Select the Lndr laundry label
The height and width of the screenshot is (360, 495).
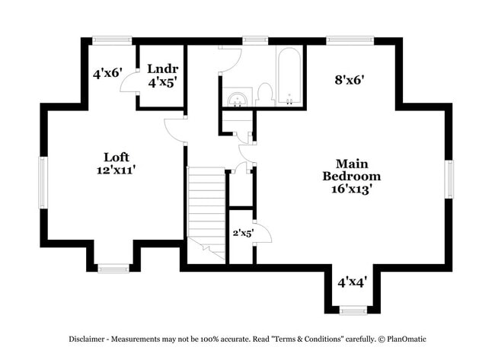(x=162, y=68)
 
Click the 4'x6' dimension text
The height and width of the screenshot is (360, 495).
(x=107, y=74)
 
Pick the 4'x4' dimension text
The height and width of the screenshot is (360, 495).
(x=352, y=282)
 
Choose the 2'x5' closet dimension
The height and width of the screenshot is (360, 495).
(x=243, y=232)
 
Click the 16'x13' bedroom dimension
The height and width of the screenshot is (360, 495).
(x=351, y=189)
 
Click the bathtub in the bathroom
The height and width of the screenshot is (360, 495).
(x=289, y=77)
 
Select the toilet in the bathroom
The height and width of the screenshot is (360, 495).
(x=264, y=94)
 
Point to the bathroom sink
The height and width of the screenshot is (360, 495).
(x=238, y=99)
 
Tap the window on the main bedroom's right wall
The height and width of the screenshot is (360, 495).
(x=449, y=183)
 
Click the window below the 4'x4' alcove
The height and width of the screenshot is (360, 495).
(x=352, y=310)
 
